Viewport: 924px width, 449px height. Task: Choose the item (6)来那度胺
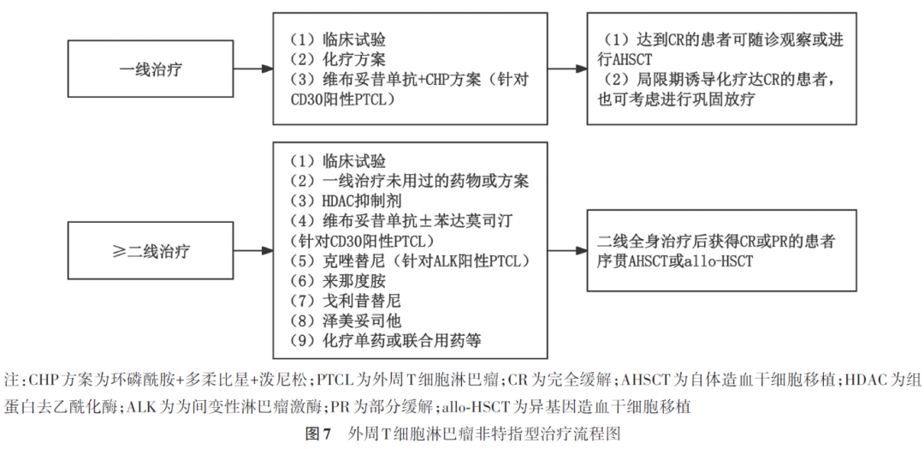pyautogui.click(x=338, y=281)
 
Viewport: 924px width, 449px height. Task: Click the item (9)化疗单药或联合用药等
pyautogui.click(x=385, y=341)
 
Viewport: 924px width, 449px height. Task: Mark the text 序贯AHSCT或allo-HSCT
pyautogui.click(x=676, y=260)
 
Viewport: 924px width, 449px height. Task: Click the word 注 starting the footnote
pyautogui.click(x=11, y=380)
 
